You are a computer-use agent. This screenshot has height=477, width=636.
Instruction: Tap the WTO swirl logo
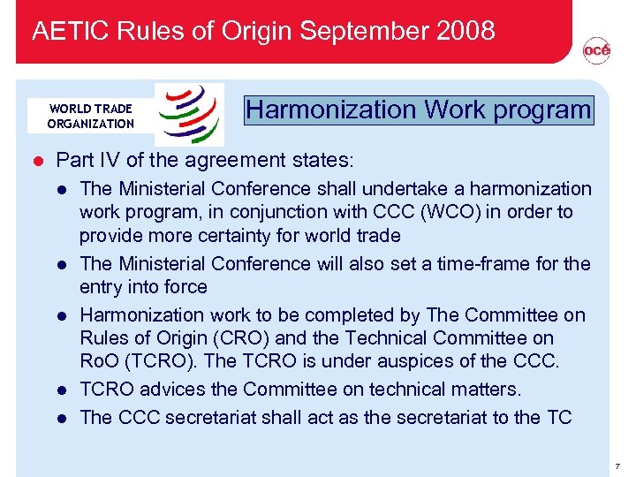point(189,114)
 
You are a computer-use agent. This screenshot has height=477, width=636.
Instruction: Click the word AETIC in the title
point(64,32)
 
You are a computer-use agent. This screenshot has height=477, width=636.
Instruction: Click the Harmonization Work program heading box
point(420,110)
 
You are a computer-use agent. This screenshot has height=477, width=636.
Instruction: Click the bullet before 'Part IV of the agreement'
point(37,161)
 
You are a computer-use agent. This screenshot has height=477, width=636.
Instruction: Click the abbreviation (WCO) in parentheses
point(428,212)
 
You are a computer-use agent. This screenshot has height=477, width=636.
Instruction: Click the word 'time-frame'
point(496,263)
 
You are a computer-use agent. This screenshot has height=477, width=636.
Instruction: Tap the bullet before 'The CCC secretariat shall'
point(63,418)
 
